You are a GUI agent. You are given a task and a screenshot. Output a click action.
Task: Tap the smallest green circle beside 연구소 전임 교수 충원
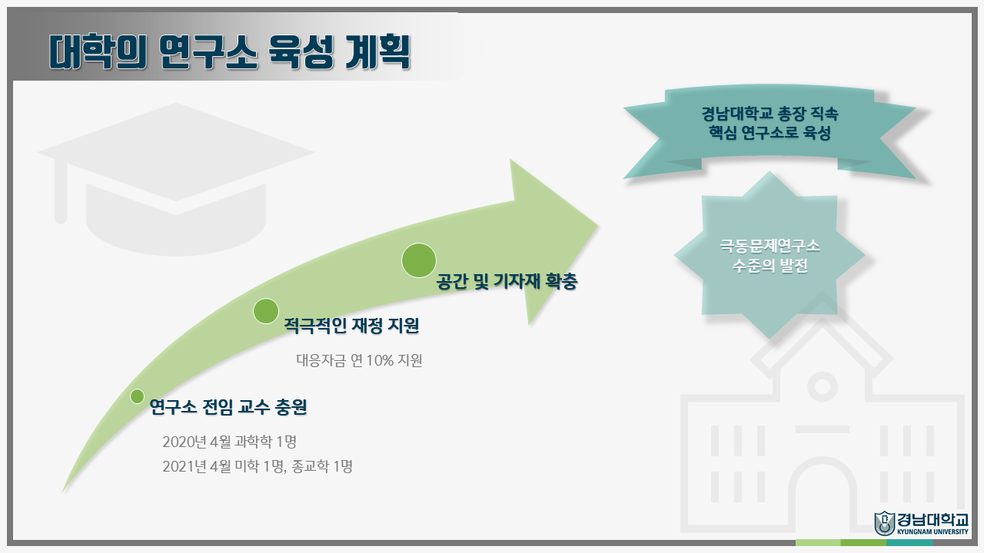138,396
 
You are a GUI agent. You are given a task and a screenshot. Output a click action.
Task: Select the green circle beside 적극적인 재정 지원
266,311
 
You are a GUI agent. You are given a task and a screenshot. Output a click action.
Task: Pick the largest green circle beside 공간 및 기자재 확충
419,260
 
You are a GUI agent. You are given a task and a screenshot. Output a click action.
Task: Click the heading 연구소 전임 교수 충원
228,407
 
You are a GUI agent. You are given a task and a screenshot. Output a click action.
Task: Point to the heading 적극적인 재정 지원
351,326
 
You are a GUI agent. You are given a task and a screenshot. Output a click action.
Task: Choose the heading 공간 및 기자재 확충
507,282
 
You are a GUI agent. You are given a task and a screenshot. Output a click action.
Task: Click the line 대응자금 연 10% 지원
359,360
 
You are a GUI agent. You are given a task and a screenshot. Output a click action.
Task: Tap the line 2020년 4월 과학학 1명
229,442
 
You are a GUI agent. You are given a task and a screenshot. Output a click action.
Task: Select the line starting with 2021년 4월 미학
258,466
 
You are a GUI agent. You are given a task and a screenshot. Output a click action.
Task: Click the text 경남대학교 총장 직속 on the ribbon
770,115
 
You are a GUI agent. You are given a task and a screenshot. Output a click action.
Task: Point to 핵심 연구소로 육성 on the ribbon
770,134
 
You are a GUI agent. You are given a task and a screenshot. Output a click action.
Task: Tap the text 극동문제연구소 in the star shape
770,247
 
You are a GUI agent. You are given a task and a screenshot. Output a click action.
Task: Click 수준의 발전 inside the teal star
770,267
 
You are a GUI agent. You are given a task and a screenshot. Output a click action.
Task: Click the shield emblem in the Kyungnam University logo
884,523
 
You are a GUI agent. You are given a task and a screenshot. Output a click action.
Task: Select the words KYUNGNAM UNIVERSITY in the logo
932,531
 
